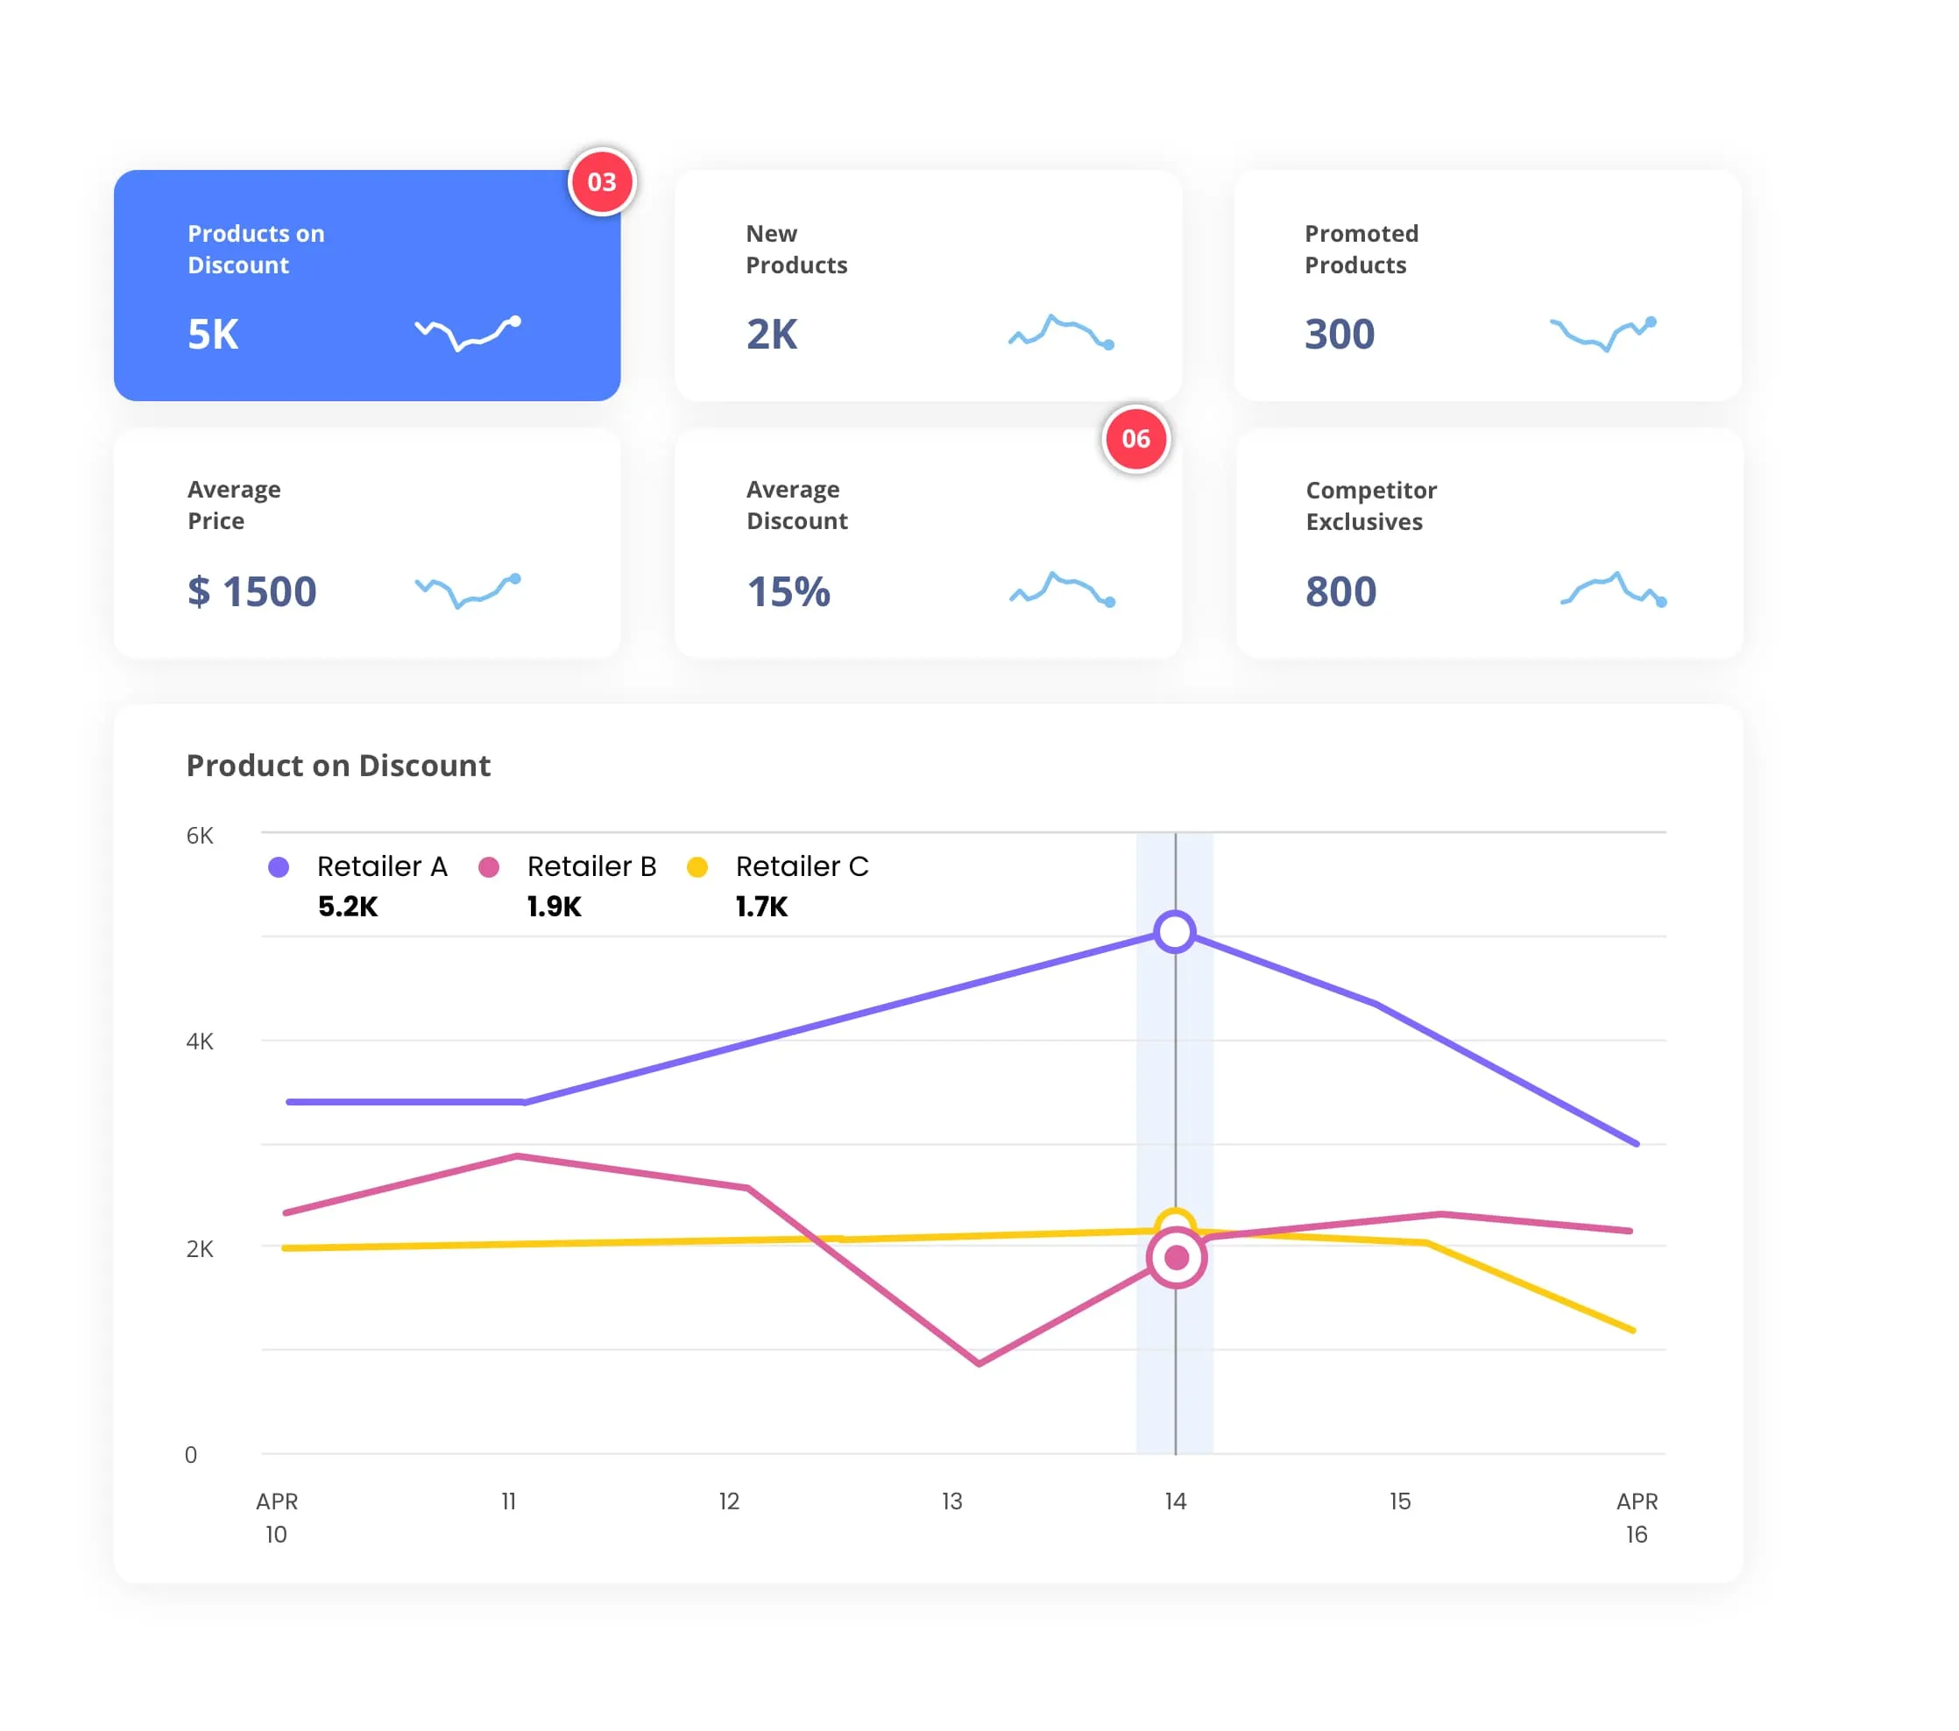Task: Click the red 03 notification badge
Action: (x=601, y=182)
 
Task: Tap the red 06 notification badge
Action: (x=1135, y=439)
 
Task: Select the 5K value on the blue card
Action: (x=213, y=335)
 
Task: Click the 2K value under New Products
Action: (x=772, y=335)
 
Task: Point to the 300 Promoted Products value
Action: (x=1339, y=335)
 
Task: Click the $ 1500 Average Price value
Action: (x=252, y=591)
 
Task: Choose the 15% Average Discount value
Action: (x=788, y=591)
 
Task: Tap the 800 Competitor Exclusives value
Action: (x=1340, y=591)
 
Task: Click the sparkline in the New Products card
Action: (x=1061, y=332)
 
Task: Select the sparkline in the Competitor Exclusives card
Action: (x=1613, y=589)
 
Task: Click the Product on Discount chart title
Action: (x=338, y=765)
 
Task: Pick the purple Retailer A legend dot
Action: (x=279, y=867)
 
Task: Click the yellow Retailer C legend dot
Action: (x=697, y=867)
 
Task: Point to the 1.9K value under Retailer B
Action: (x=554, y=907)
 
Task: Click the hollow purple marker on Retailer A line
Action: (x=1174, y=931)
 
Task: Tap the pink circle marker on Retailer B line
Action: (x=1176, y=1257)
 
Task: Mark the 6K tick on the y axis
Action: (x=200, y=836)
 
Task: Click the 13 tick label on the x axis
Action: (x=951, y=1501)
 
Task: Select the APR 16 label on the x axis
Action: (x=1636, y=1517)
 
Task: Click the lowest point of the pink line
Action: (x=979, y=1362)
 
